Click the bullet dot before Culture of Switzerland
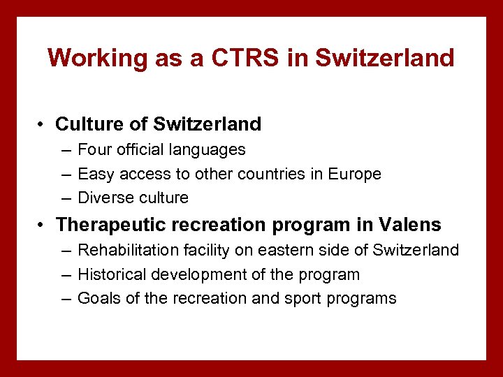point(43,125)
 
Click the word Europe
point(355,174)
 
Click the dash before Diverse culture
point(65,198)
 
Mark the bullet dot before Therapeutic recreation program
point(43,226)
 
